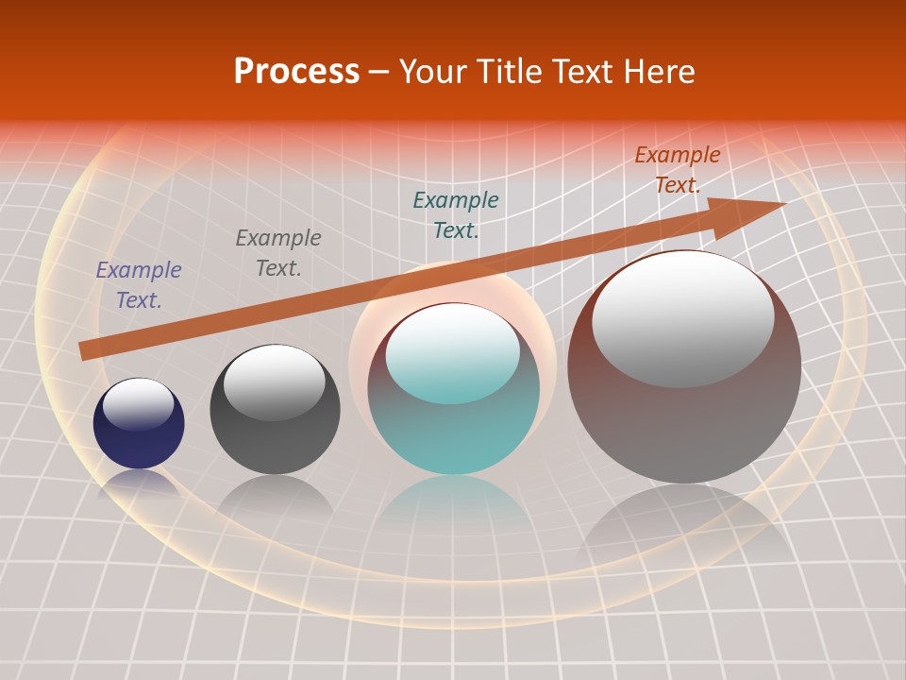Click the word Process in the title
pyautogui.click(x=296, y=72)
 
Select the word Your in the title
pyautogui.click(x=431, y=72)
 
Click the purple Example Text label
pyautogui.click(x=139, y=285)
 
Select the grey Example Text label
pyautogui.click(x=278, y=253)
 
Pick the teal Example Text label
pyautogui.click(x=456, y=215)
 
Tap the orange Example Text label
pyautogui.click(x=677, y=170)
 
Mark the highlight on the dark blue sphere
pyautogui.click(x=139, y=404)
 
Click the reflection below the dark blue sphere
pyautogui.click(x=139, y=484)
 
